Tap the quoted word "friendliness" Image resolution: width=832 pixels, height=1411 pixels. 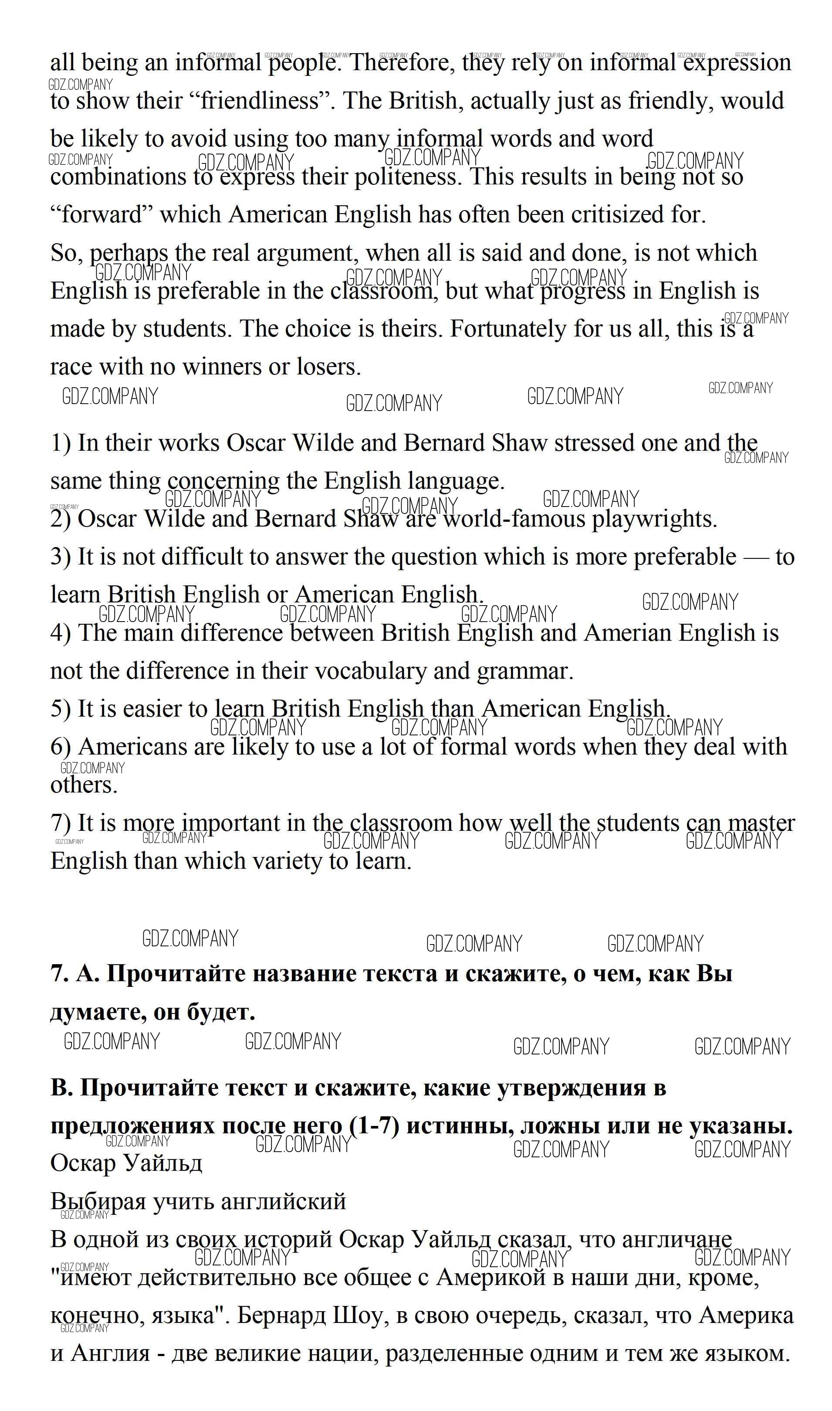click(260, 101)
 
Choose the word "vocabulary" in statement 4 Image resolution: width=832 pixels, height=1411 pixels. click(370, 671)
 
